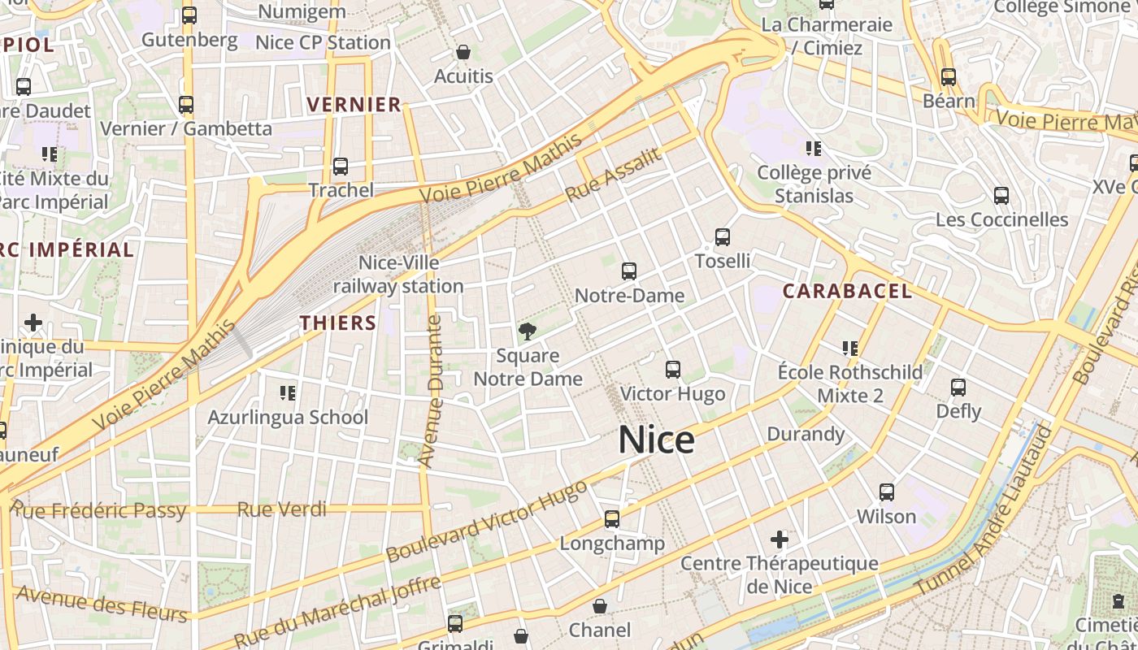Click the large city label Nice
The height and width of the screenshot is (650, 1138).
(x=656, y=440)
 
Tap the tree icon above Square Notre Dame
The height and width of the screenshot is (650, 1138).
(x=528, y=331)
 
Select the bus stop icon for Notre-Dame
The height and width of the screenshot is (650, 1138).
(x=628, y=271)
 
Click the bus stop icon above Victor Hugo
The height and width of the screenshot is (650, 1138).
(x=672, y=370)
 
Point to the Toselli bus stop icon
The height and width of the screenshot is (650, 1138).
(x=722, y=237)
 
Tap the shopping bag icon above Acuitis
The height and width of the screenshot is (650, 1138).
(x=463, y=52)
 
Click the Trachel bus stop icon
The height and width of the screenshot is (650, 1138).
(x=341, y=167)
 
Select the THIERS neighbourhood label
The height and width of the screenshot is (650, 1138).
(x=338, y=323)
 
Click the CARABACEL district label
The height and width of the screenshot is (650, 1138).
(x=848, y=291)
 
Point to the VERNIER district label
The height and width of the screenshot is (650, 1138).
(x=354, y=104)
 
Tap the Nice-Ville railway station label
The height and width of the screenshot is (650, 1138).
(x=398, y=275)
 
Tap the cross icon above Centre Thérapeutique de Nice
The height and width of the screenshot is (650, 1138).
(x=780, y=539)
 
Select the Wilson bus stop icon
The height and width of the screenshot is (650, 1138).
(x=886, y=492)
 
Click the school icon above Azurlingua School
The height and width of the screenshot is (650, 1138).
(x=288, y=393)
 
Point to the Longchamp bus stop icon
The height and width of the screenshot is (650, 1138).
(x=612, y=518)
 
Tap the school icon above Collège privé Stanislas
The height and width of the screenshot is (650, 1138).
(x=814, y=148)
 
